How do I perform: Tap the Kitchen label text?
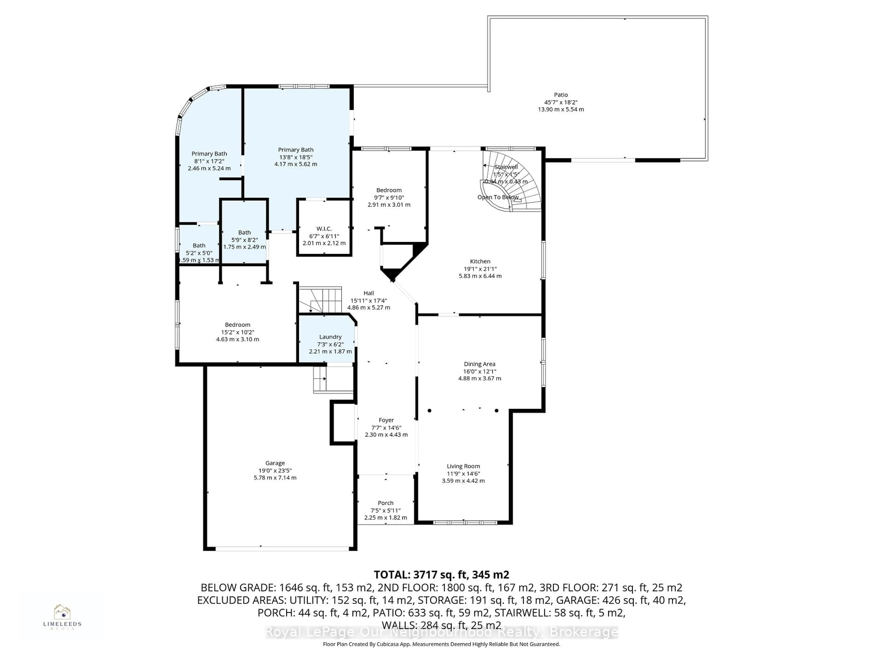(480, 261)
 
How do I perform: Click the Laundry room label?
(330, 337)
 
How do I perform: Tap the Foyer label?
(386, 420)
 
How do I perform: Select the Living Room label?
(463, 466)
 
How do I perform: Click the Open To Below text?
(498, 197)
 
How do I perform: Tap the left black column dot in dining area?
(430, 411)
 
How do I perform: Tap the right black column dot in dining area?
(497, 411)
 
